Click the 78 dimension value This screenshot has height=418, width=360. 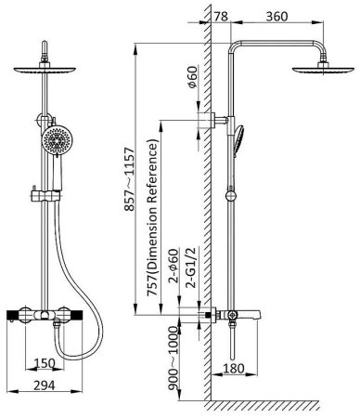(221, 17)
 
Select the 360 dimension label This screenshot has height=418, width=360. (276, 17)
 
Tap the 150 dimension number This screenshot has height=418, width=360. (45, 363)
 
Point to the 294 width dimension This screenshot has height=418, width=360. (45, 385)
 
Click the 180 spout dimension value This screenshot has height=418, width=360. (234, 369)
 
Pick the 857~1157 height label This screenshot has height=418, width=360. (130, 179)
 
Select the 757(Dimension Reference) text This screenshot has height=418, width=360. (153, 217)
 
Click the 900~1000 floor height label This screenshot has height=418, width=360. (174, 362)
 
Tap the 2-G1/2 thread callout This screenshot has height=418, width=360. (192, 268)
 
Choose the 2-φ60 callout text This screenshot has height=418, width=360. (174, 266)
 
